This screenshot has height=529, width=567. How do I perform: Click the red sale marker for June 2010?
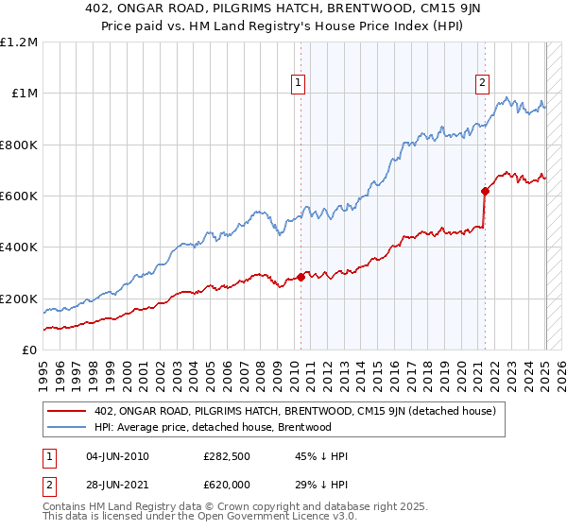coord(301,277)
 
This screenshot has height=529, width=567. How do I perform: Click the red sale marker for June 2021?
coord(485,191)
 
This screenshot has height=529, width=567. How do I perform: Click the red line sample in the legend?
coord(68,410)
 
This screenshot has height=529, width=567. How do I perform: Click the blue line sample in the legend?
coord(68,427)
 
